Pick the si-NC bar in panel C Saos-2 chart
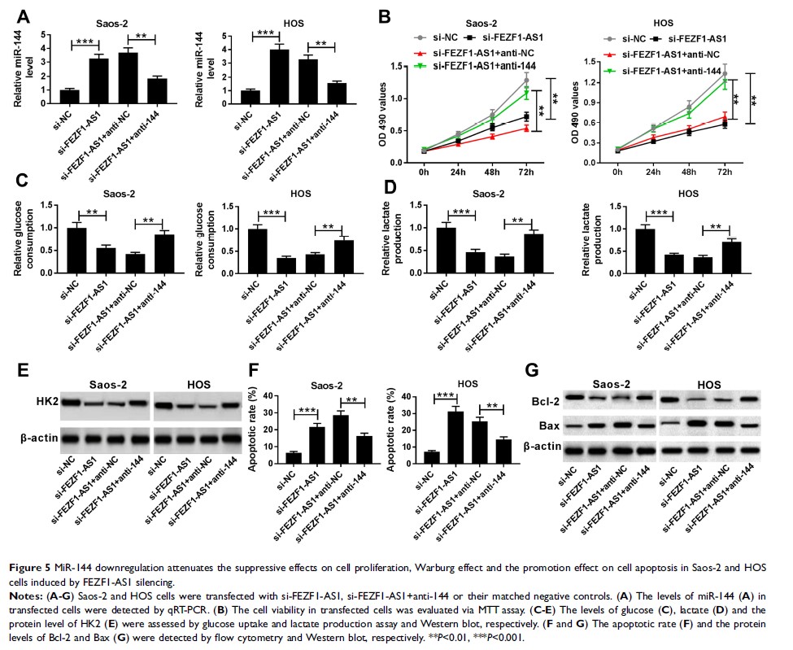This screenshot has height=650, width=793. (76, 247)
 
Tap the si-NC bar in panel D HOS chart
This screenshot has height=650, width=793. (621, 247)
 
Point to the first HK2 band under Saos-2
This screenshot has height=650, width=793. (72, 402)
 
